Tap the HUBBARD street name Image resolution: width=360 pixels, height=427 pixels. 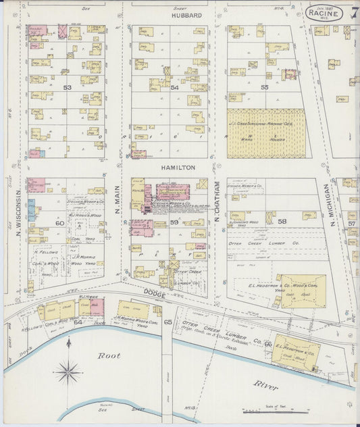[x=186, y=15]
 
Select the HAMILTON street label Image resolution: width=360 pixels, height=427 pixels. [x=178, y=167]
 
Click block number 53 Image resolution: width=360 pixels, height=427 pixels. [x=67, y=88]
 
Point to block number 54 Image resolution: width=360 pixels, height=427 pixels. [x=174, y=88]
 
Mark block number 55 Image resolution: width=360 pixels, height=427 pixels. [x=265, y=87]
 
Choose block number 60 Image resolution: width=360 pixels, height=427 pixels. [x=59, y=222]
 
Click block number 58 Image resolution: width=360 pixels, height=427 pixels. [x=282, y=221]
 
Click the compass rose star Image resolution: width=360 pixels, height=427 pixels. [x=68, y=370]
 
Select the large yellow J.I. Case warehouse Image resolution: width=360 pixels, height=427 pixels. [x=265, y=133]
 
